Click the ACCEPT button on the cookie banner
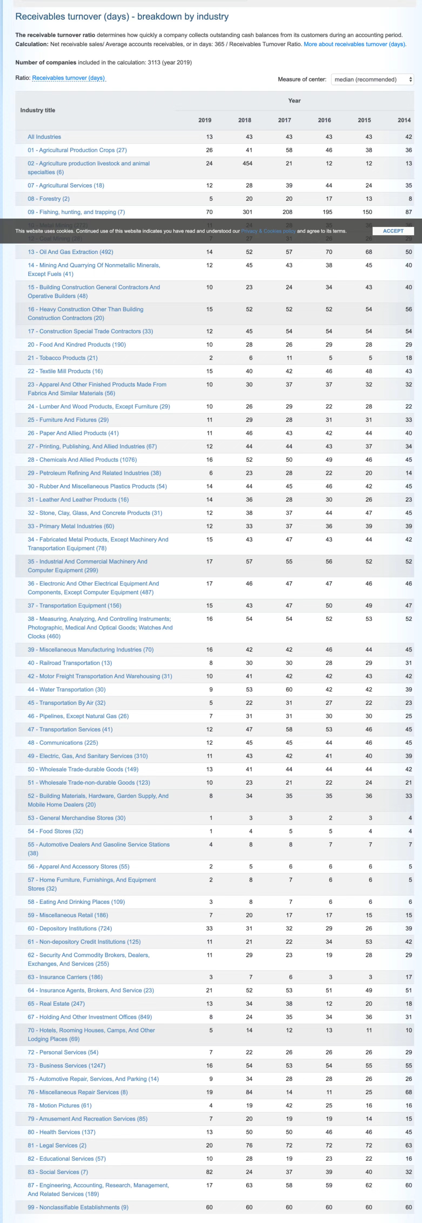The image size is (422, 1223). (393, 231)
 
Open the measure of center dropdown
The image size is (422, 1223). (372, 79)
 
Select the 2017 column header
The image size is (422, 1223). (284, 120)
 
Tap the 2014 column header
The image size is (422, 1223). (404, 120)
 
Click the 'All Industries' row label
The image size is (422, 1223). (44, 137)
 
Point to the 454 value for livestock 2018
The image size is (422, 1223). (247, 163)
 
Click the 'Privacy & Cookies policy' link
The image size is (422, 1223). (268, 231)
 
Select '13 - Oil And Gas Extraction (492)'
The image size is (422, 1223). (70, 252)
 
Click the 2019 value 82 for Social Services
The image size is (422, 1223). (209, 1172)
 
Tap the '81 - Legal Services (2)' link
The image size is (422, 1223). (57, 1145)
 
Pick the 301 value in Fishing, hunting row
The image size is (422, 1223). (247, 212)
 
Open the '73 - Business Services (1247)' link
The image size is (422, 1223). (66, 1065)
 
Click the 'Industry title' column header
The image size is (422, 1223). (38, 110)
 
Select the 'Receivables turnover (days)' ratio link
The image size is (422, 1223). (69, 78)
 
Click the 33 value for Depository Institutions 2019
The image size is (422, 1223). (209, 928)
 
